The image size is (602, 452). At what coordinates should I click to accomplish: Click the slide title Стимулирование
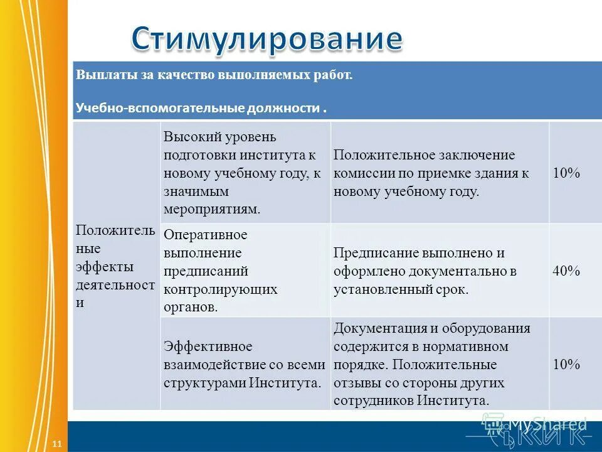coord(267,38)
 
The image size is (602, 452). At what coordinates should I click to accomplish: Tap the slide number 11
coord(57,444)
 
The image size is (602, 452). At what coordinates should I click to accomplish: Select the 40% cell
coord(566,271)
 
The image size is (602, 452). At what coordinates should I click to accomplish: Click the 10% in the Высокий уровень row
coord(566,173)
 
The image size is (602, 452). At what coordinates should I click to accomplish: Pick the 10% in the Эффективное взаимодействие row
coord(566,364)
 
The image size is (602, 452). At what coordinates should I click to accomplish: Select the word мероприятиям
coord(211,210)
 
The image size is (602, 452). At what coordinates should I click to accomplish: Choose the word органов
coord(191,308)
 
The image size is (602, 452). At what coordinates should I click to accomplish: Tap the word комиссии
coord(361,173)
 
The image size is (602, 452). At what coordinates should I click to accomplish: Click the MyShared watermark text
coord(547,424)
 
